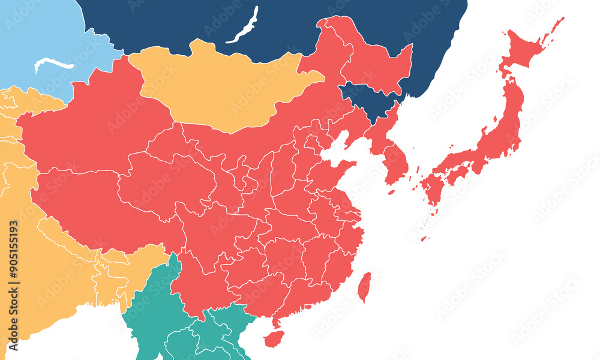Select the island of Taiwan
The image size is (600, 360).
click(x=364, y=287)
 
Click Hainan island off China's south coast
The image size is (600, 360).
click(x=274, y=340)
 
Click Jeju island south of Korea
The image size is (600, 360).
click(x=391, y=193)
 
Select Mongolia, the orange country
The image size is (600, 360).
click(x=222, y=87)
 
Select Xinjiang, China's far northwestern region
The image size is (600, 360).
click(x=90, y=126)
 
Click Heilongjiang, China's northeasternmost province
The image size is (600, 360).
click(x=372, y=60)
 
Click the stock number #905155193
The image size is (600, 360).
click(x=14, y=268)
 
